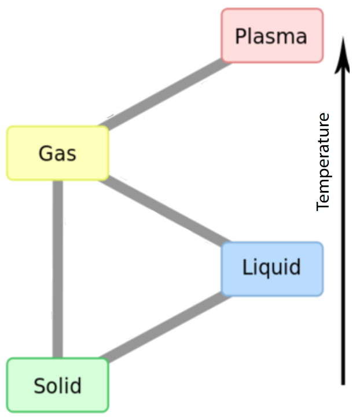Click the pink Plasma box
tap(272, 35)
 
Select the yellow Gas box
tap(57, 153)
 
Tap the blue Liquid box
tap(271, 268)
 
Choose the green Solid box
tap(57, 385)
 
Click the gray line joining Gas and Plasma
tap(165, 94)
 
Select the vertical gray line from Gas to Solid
tap(57, 269)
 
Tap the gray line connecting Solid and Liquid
tap(165, 327)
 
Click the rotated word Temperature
tap(323, 162)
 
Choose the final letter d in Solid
tap(76, 385)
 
